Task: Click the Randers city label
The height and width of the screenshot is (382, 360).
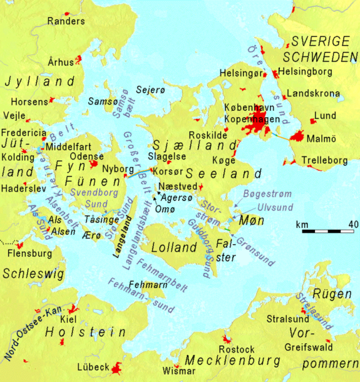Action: [66, 21]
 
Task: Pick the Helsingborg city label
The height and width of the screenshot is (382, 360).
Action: [306, 71]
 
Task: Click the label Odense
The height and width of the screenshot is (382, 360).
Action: [87, 156]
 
